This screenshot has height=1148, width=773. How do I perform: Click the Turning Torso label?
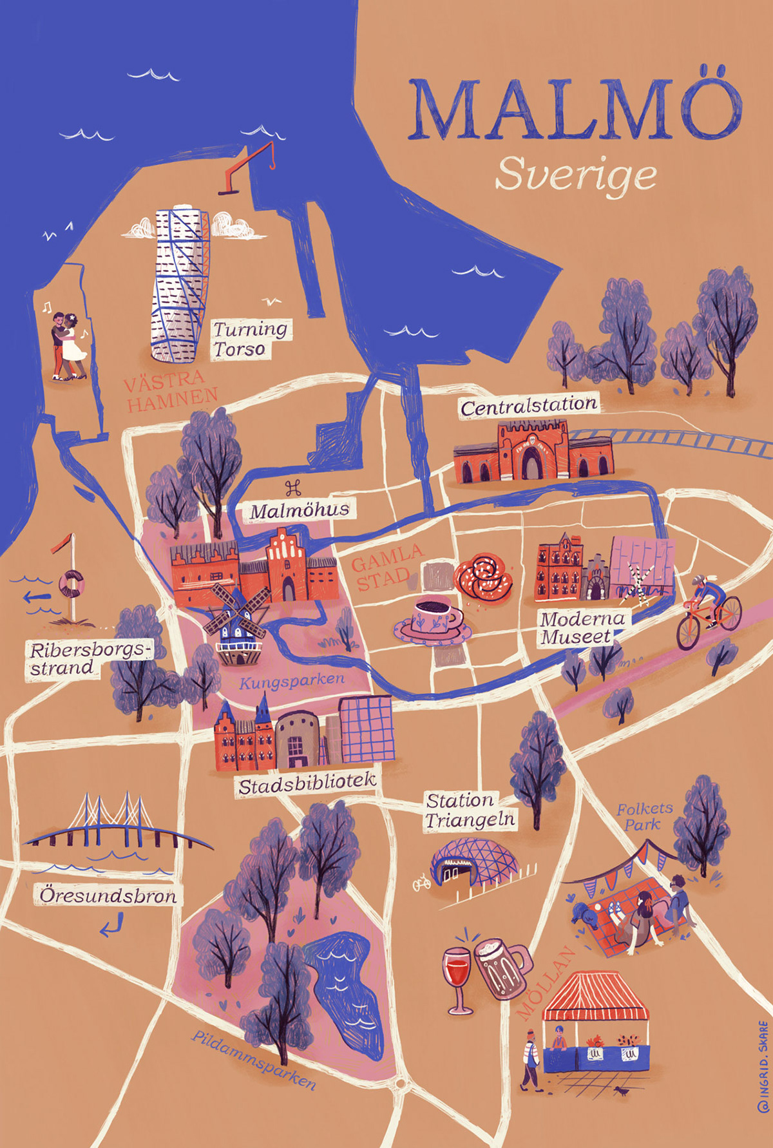click(x=250, y=340)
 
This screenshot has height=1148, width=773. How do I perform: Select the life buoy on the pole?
click(x=72, y=584)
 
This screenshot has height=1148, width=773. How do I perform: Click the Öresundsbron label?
click(x=108, y=896)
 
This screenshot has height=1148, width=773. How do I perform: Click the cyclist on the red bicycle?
click(x=707, y=607)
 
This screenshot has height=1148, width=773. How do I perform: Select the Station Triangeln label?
click(x=470, y=810)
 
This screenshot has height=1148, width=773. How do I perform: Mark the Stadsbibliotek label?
click(x=307, y=784)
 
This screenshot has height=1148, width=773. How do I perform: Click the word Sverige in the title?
click(x=576, y=175)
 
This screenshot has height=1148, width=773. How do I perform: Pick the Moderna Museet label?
click(x=582, y=628)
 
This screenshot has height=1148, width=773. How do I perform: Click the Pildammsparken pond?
click(x=345, y=992)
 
